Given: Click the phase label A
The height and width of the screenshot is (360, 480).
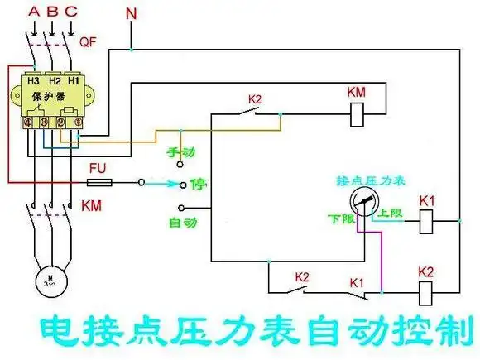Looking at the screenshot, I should coord(33,12).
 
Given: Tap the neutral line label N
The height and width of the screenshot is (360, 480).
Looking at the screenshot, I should coord(132,14).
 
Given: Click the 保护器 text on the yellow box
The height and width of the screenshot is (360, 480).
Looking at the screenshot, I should coord(48,98).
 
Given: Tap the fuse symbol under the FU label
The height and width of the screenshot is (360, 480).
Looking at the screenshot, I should coord(99,181).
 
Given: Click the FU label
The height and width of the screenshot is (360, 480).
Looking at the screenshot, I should coord(98,167).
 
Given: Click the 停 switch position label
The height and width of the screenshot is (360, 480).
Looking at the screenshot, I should coord(198,183).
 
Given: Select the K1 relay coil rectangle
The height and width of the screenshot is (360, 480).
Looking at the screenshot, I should coord(426,221).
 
